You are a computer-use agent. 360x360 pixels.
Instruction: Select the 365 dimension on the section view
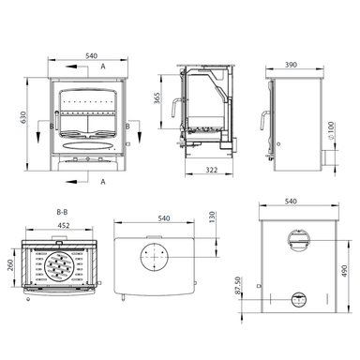pos(157,97)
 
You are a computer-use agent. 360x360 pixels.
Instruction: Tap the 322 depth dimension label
pos(211,170)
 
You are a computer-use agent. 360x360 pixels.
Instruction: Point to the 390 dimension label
pos(291,65)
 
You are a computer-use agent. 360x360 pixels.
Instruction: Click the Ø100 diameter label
pos(331,130)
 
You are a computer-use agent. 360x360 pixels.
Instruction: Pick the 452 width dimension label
pos(64,225)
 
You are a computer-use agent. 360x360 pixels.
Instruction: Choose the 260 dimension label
pos(10,265)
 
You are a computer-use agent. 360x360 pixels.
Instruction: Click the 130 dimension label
pos(212,217)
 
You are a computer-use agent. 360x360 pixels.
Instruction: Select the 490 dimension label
pos(344,271)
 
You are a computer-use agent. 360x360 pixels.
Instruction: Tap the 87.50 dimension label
pos(237,285)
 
